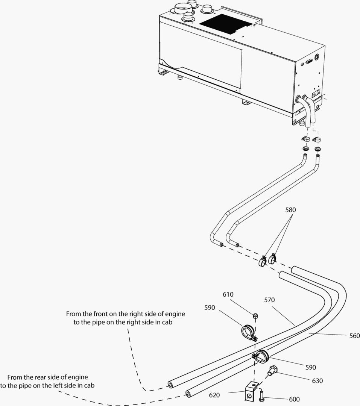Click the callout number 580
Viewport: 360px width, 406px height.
(x=291, y=210)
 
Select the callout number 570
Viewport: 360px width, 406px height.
(x=269, y=300)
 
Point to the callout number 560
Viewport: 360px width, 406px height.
(x=354, y=336)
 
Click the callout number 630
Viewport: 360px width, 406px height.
(x=317, y=381)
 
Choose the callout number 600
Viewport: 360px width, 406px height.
(x=295, y=399)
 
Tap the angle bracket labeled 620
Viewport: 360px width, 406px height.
(x=251, y=391)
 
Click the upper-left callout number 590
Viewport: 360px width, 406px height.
(x=210, y=308)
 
